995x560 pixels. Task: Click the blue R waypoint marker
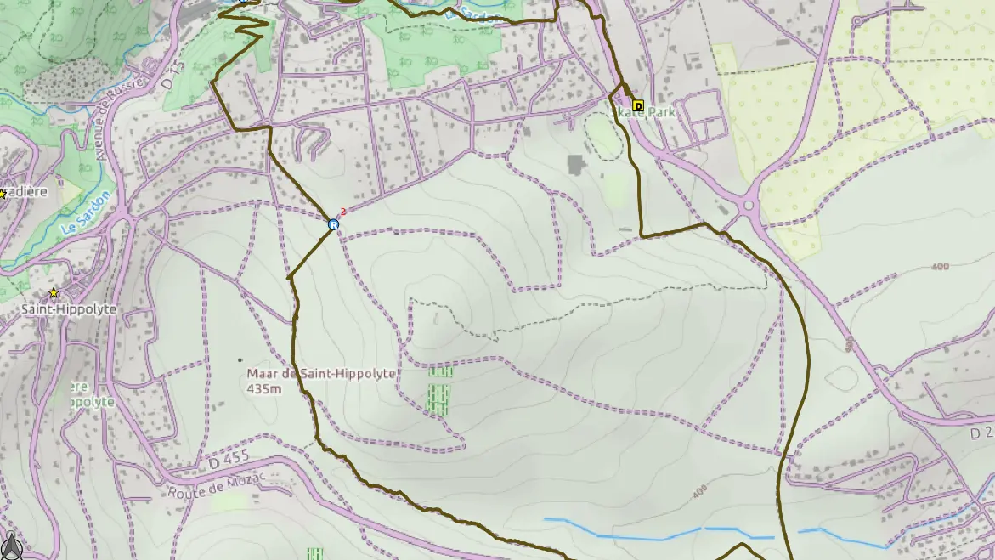(x=334, y=224)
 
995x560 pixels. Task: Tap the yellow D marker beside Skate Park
(x=639, y=106)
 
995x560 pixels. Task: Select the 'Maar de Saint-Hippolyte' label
(x=321, y=374)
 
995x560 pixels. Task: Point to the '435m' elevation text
(x=263, y=389)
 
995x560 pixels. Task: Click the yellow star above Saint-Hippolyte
(x=54, y=293)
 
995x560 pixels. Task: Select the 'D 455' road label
(x=229, y=460)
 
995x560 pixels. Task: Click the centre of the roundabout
(x=749, y=206)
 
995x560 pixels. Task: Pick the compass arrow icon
(x=10, y=546)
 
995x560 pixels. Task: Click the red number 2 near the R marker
(x=343, y=212)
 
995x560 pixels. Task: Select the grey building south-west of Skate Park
(x=577, y=165)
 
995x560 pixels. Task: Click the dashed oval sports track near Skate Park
(x=603, y=136)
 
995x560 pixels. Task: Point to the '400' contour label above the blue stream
(x=700, y=492)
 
